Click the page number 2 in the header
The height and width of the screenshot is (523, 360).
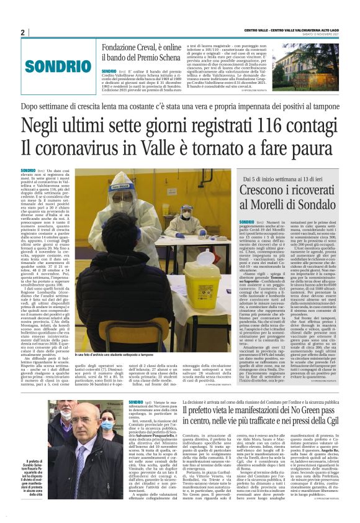click(x=22, y=32)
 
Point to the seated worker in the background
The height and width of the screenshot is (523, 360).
click(x=186, y=224)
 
